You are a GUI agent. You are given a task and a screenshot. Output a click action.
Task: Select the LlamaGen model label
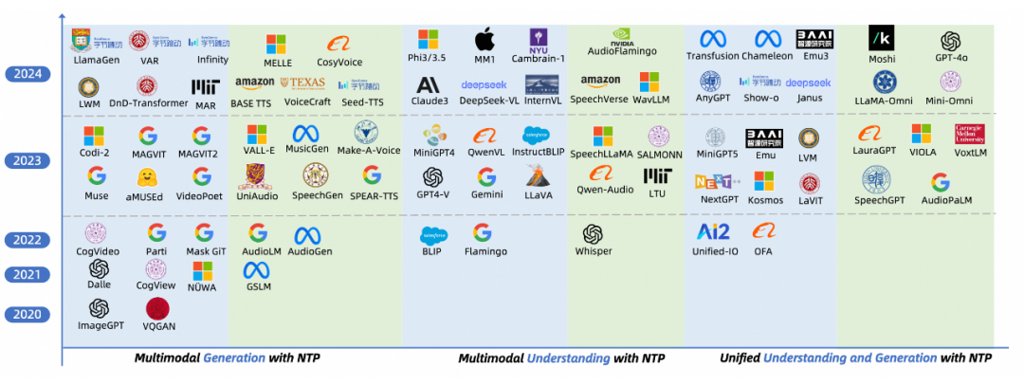point(94,59)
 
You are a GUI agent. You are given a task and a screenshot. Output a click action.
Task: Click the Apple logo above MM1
point(485,40)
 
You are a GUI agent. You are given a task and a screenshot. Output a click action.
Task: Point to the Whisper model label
point(594,251)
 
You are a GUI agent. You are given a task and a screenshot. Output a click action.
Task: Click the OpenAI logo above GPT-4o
point(950,41)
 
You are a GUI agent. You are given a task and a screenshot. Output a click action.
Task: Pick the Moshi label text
point(883,59)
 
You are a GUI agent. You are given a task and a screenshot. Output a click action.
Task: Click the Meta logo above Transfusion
point(713,39)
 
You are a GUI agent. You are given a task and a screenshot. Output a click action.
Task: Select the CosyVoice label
point(339,62)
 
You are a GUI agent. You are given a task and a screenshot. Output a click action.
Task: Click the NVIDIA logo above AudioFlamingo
point(622,35)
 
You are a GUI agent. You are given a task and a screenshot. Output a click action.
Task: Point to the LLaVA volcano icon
point(539,175)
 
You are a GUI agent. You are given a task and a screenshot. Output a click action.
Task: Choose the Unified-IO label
point(713,251)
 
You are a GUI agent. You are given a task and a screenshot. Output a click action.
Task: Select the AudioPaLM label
point(946,200)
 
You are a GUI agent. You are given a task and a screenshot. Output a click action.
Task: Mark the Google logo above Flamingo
point(483,232)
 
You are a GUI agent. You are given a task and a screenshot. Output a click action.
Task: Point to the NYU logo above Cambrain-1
point(539,40)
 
